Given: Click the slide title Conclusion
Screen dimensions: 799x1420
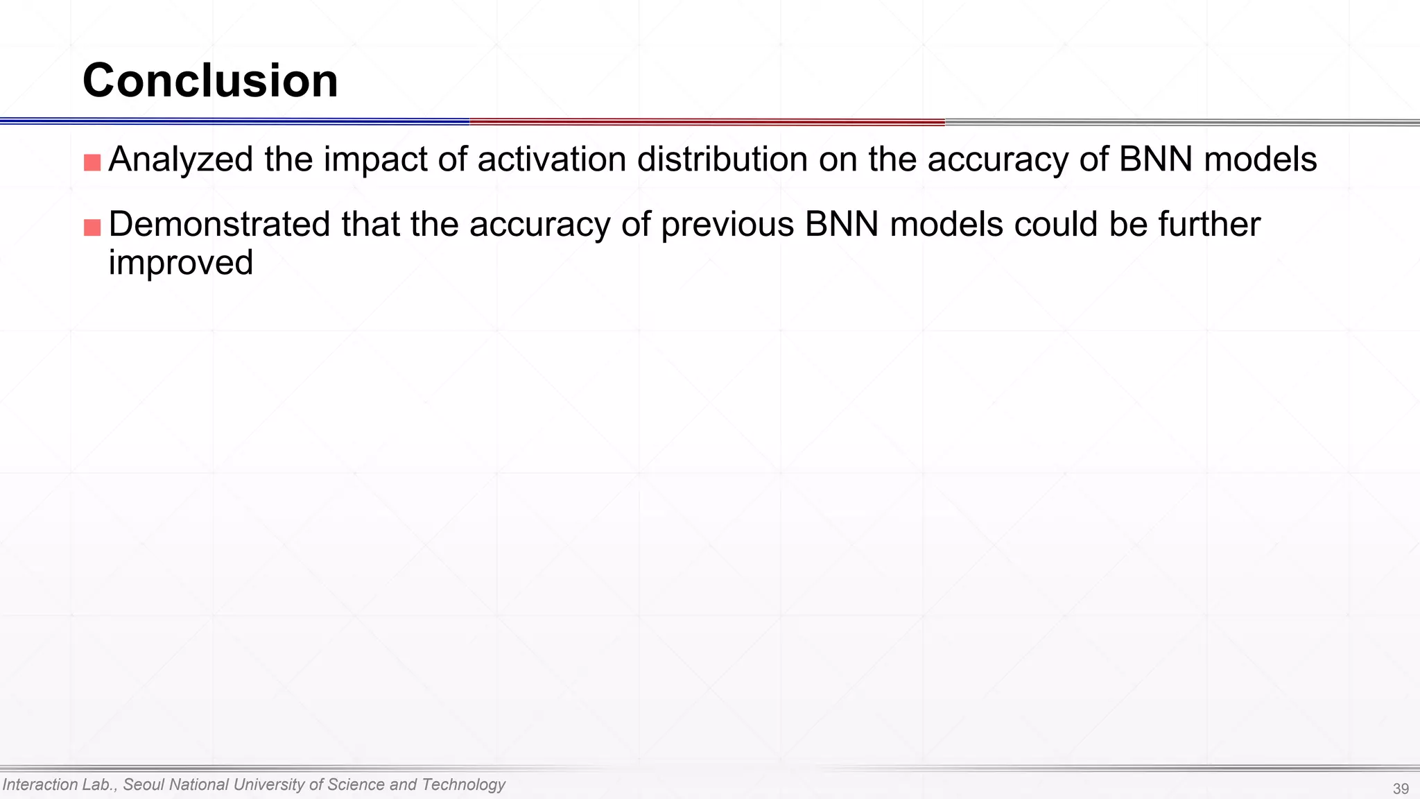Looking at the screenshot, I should [210, 80].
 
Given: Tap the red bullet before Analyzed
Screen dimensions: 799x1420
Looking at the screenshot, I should [92, 162].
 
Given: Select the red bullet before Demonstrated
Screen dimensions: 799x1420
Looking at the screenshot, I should [92, 227].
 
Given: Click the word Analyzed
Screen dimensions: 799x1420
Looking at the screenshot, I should [181, 160].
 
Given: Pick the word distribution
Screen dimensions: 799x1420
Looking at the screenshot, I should [722, 159].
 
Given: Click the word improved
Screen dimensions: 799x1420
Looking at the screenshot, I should [181, 263].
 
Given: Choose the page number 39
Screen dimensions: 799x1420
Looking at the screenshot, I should [1401, 789].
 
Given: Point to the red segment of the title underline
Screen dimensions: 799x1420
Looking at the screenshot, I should [707, 122].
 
